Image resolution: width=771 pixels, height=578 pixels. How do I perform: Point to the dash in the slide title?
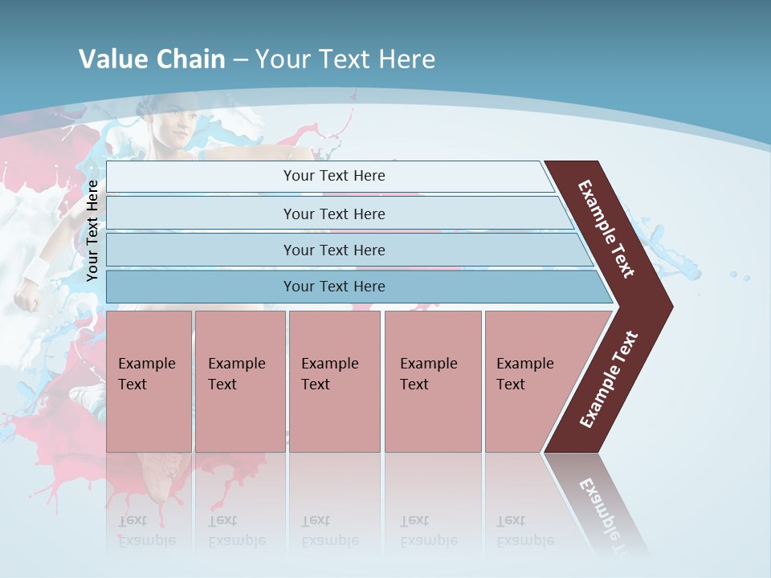240,60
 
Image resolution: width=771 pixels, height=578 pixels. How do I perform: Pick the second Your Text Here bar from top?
334,214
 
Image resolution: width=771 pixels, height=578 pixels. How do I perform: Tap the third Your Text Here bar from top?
334,250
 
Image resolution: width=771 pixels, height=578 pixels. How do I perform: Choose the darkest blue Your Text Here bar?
334,287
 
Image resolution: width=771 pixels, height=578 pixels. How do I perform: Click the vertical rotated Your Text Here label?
92,230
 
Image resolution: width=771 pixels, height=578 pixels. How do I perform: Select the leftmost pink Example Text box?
149,381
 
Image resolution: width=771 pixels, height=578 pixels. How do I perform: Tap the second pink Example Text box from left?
239,381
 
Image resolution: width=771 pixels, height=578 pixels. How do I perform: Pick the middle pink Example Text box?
334,381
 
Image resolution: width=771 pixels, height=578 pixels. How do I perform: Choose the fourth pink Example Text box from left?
432,381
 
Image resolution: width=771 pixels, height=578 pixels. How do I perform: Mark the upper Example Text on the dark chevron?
606,229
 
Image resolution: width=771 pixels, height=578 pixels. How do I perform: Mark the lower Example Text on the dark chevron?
609,379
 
